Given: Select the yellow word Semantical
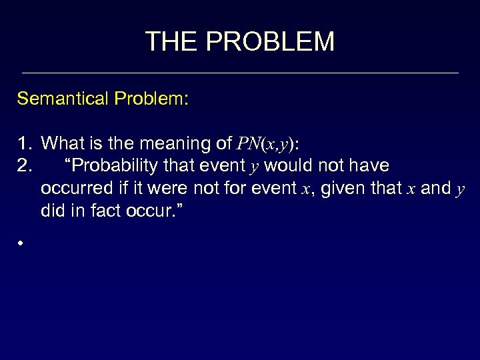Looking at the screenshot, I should tap(64, 99).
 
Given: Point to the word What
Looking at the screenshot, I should tap(61, 143).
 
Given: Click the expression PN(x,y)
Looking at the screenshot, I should tap(265, 143).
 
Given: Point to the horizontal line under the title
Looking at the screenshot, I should tap(240, 73).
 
